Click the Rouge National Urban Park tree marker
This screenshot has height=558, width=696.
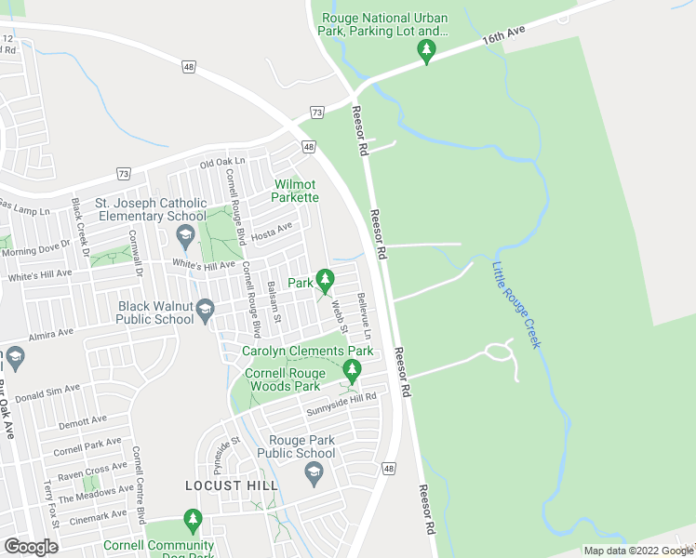click(x=426, y=50)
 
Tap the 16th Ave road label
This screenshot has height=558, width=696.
click(x=504, y=39)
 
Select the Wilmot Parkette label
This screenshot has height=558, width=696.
click(x=296, y=191)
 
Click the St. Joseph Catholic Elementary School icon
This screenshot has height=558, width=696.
click(x=185, y=234)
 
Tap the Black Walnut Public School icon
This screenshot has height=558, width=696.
click(x=206, y=309)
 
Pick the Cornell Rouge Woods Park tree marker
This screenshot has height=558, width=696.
click(x=351, y=370)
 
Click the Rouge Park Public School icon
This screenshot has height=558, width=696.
click(x=314, y=473)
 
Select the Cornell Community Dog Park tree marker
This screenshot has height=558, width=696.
click(x=193, y=519)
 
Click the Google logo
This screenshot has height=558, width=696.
click(x=31, y=547)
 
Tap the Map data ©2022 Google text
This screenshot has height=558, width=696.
click(x=638, y=551)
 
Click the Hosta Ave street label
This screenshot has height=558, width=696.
click(x=272, y=228)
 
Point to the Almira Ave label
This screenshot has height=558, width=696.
click(x=51, y=333)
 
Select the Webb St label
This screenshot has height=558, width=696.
click(x=341, y=316)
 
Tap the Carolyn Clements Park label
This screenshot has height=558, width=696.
click(x=308, y=352)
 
